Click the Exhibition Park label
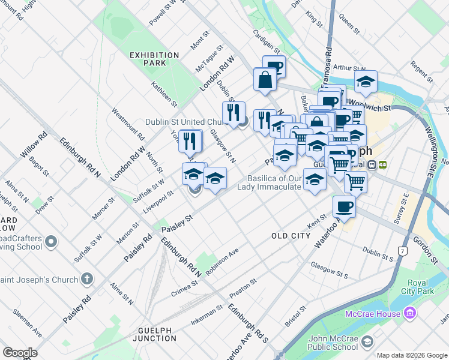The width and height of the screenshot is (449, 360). tap(154, 59)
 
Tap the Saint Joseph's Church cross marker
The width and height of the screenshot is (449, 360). tap(87, 279)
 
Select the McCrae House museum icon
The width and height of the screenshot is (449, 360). tap(410, 313)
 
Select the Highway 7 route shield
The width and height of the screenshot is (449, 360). tap(402, 250)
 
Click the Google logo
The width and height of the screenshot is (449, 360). tap(20, 352)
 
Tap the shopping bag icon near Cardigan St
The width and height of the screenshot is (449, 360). tap(265, 79)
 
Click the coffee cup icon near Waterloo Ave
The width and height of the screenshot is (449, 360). tap(344, 206)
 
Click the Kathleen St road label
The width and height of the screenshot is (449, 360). tap(163, 94)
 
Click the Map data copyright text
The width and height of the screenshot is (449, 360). tap(412, 355)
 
